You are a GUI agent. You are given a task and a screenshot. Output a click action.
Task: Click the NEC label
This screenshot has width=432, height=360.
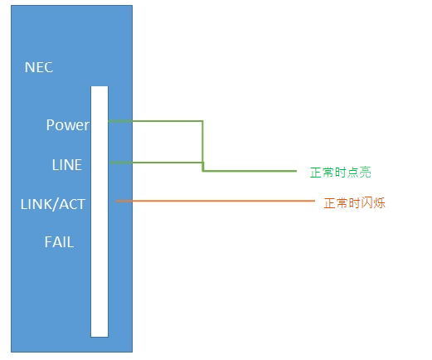coord(39,67)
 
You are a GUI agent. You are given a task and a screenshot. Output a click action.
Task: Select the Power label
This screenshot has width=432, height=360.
coord(68,124)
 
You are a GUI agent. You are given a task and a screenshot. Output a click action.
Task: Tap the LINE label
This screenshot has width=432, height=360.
coord(67,165)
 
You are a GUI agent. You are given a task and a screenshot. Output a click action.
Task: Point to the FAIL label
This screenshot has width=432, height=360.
coord(59,242)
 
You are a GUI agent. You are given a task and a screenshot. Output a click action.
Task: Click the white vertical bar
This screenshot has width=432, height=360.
coord(100,212)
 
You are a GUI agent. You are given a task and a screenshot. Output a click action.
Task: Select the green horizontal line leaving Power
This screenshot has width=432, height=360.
coord(155,121)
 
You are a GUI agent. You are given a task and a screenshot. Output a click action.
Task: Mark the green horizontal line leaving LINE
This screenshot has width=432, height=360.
coord(157,163)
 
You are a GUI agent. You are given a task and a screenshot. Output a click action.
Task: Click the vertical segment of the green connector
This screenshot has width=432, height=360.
coord(202,146)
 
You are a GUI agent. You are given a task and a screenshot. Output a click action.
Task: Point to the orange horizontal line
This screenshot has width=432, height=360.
coord(216,201)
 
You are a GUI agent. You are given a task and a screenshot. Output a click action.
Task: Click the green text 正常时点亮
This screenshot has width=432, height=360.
coord(341,173)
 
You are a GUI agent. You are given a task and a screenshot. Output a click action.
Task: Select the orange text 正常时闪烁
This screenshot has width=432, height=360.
coord(355,203)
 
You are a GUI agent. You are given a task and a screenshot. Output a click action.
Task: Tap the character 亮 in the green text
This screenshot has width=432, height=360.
coord(365,173)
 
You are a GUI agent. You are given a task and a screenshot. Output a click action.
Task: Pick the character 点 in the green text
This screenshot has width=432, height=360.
coord(353,173)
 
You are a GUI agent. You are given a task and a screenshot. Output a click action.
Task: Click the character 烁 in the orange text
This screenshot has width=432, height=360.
coord(379,203)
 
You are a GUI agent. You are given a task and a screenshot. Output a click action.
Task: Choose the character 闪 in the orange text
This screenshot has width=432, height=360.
coord(366,203)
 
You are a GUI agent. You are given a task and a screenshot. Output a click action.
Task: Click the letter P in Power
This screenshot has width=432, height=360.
coord(51,124)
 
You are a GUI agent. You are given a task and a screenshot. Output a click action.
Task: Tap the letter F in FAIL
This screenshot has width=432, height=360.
coord(48,242)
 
